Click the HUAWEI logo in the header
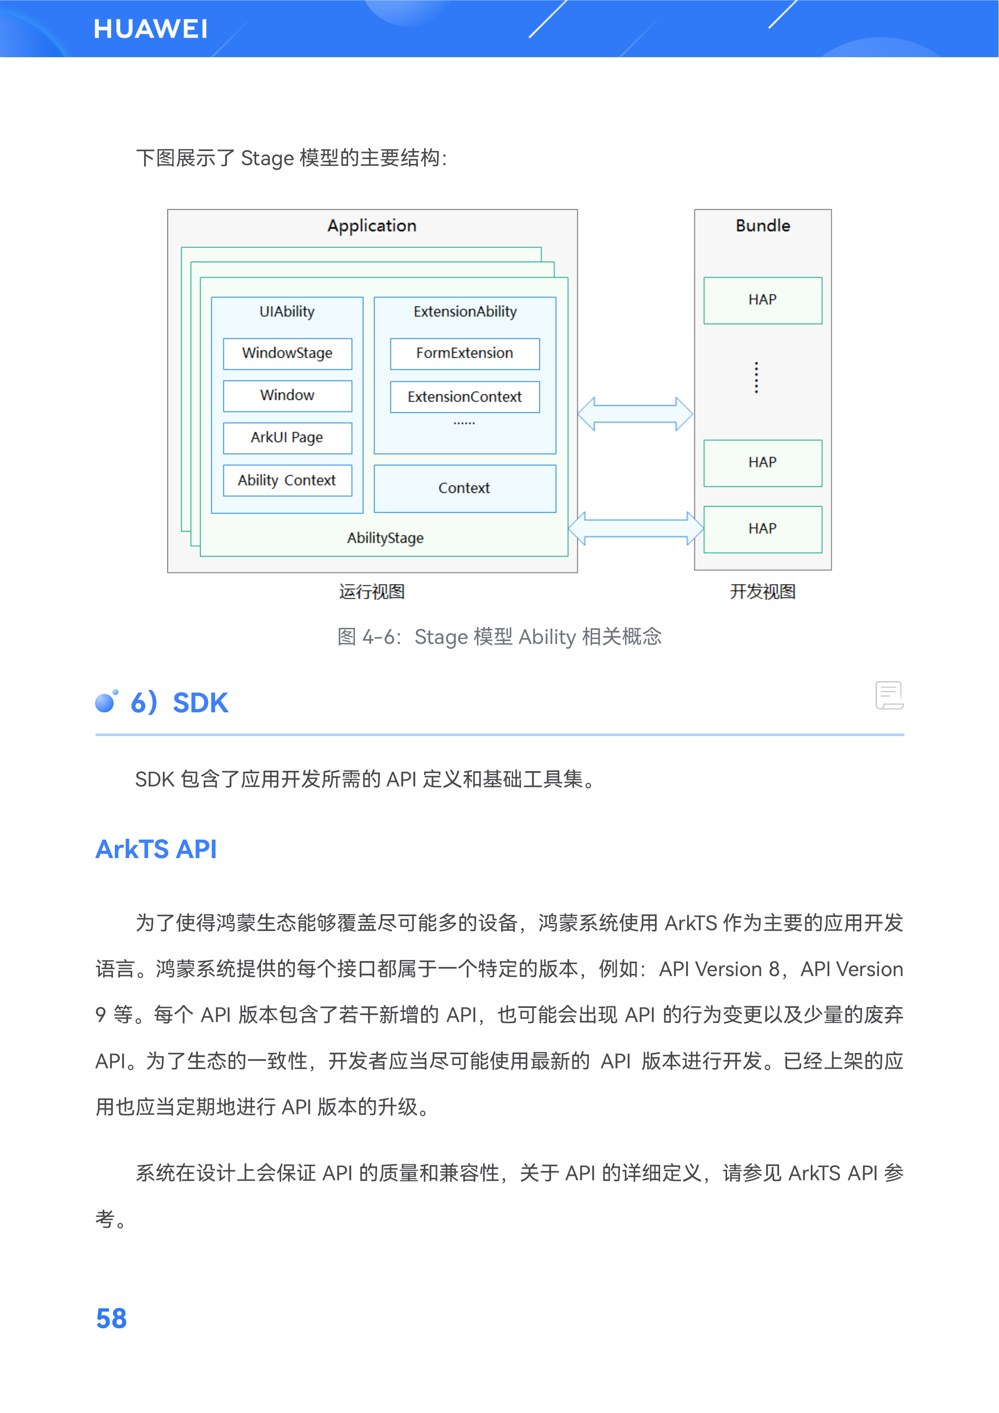point(151,29)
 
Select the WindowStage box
point(288,353)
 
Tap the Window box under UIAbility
point(288,396)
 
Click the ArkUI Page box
point(288,438)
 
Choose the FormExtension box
point(465,353)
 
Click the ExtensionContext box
point(465,397)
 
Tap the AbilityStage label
point(386,538)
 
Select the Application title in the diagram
point(372,226)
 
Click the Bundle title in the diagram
point(763,226)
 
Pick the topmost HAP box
point(763,300)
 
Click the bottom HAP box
point(763,529)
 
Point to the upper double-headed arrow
point(635,414)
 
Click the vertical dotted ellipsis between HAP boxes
point(757,377)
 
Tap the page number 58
point(112,1318)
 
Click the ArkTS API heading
point(156,849)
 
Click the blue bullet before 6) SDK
point(106,701)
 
